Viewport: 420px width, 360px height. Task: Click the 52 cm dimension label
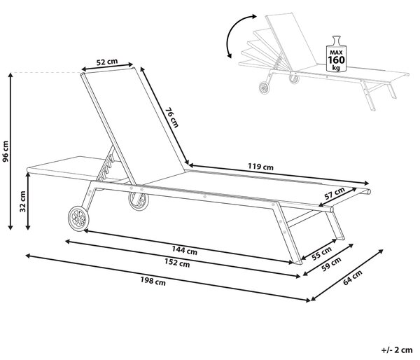[x=107, y=62]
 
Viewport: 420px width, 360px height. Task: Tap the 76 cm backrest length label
[x=171, y=118]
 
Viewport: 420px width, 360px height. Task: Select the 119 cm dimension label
[x=260, y=167]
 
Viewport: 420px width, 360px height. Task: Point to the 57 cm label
[x=335, y=193]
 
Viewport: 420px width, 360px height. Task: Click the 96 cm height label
[x=6, y=151]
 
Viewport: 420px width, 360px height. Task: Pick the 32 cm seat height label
[x=22, y=201]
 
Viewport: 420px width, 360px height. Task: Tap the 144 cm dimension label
[x=184, y=250]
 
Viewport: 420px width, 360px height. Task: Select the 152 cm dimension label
[x=177, y=263]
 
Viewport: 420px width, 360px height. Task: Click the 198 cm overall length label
[x=153, y=281]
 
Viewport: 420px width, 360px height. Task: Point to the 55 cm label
[x=321, y=253]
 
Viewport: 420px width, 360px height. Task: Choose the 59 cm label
[x=331, y=264]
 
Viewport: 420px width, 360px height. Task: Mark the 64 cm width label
[x=353, y=277]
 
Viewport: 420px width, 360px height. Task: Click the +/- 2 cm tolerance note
[x=397, y=349]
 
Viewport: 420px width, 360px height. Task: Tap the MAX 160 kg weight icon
[x=336, y=54]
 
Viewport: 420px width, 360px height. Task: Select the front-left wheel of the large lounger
[x=78, y=218]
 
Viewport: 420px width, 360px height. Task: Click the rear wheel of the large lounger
[x=139, y=201]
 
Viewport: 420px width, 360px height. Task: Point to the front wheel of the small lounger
[x=265, y=88]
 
